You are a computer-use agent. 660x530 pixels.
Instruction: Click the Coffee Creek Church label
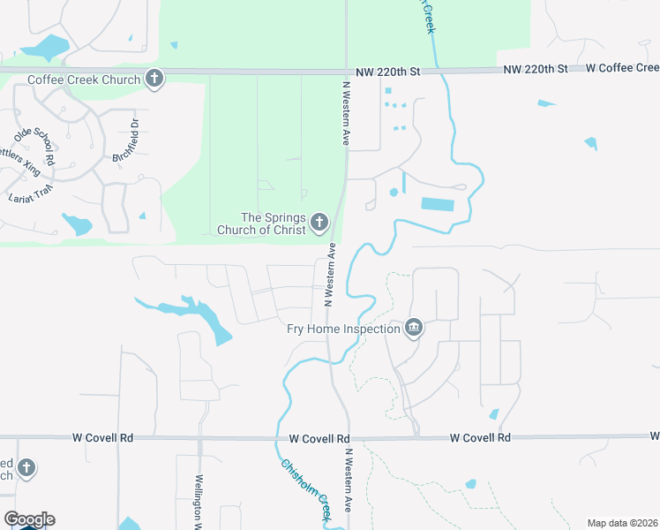84,79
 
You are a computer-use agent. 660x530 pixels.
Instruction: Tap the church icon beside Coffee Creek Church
154,79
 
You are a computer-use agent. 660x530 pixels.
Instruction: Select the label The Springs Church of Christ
274,223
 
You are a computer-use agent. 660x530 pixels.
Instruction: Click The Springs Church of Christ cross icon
319,223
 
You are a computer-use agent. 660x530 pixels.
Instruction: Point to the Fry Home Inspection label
344,329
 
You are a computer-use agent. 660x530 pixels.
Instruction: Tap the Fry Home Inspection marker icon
413,329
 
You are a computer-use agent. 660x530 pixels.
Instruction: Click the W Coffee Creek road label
622,68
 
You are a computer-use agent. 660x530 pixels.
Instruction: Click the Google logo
29,519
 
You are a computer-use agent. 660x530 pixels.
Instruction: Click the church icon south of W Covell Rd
26,468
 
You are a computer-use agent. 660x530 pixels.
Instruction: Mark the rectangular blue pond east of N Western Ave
438,204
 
